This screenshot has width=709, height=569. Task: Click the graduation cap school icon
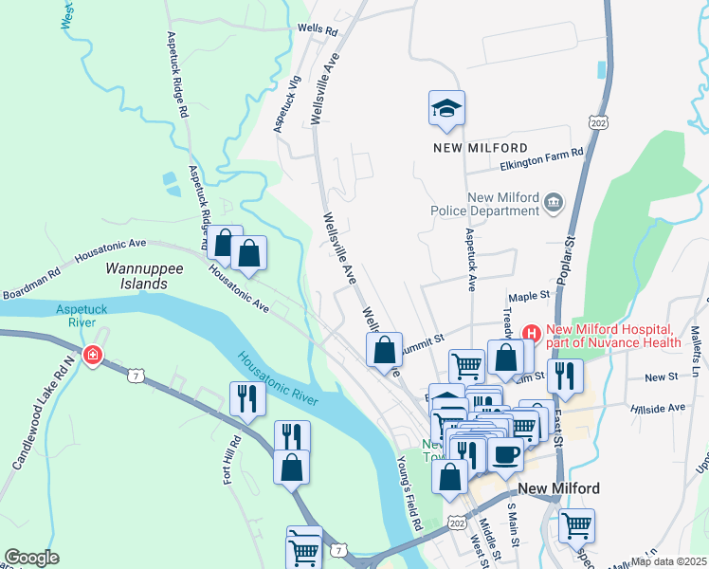(447, 109)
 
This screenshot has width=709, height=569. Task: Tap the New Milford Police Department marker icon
(553, 202)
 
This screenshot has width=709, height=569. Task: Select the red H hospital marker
(531, 333)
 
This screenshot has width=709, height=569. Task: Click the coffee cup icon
(504, 454)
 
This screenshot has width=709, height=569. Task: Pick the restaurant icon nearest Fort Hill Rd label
(245, 398)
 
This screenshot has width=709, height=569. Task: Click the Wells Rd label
(318, 30)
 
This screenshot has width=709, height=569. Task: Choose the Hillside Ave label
(657, 408)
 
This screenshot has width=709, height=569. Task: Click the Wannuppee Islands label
(144, 276)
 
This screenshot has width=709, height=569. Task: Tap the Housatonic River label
(274, 377)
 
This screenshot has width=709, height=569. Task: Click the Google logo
(31, 558)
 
